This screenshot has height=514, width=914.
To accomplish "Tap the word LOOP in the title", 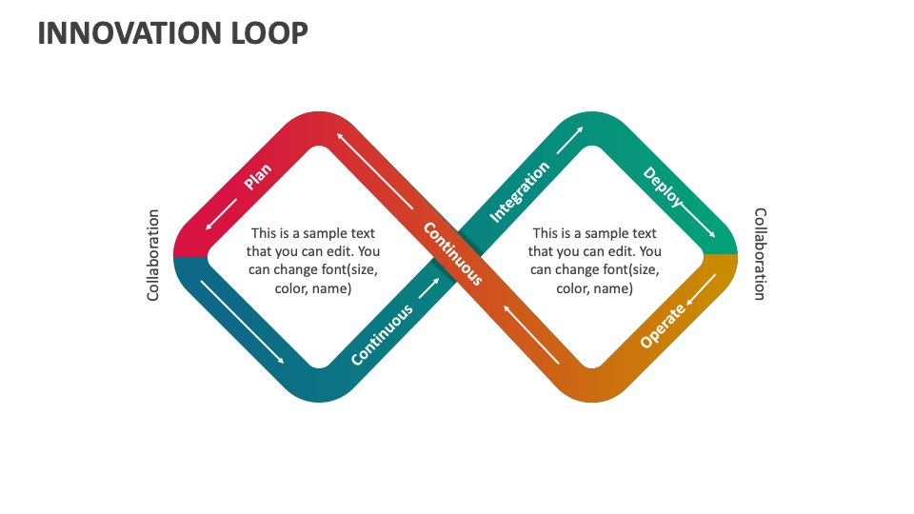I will (x=270, y=32).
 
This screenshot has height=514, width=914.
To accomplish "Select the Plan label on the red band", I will (x=257, y=176).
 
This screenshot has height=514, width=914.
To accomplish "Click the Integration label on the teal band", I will (x=519, y=191).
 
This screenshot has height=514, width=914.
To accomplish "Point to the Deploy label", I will (x=663, y=187).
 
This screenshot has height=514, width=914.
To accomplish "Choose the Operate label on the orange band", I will (x=663, y=326).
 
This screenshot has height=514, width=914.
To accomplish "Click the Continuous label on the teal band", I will (x=382, y=334).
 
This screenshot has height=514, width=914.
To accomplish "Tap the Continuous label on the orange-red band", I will (x=452, y=253).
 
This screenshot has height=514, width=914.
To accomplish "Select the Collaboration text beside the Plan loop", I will (x=153, y=255).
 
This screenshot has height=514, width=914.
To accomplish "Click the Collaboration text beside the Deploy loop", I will (x=760, y=254).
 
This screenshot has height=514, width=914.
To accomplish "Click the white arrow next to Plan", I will (x=222, y=213).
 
